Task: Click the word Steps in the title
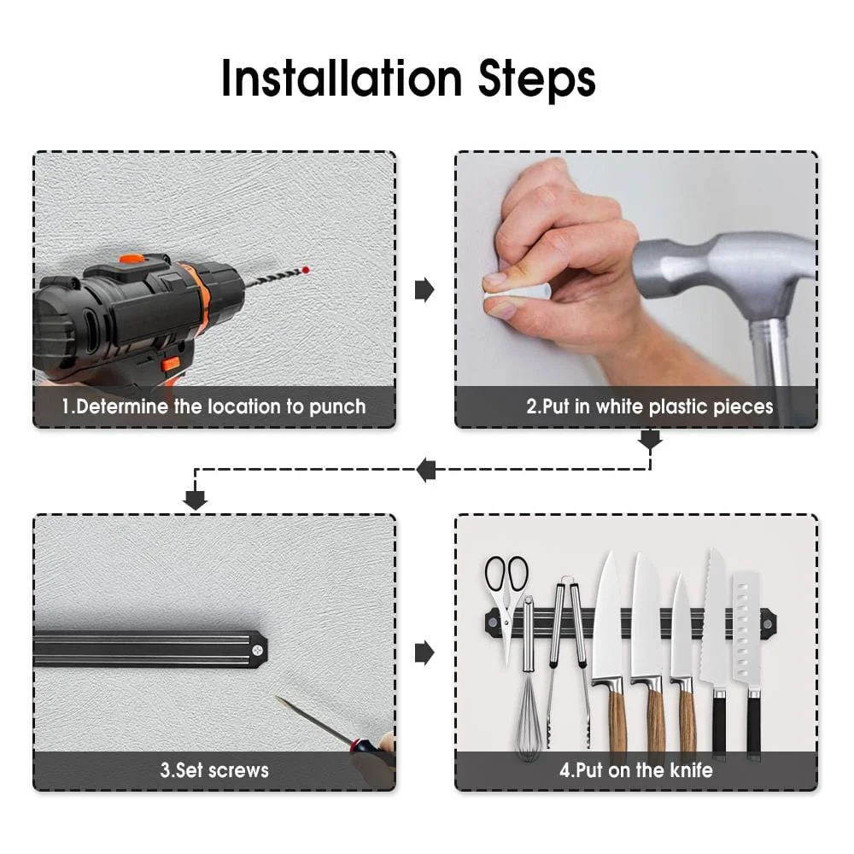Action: pos(537,80)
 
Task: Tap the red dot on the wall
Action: pos(306,270)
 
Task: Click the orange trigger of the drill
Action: pos(171,363)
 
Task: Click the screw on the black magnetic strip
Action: pos(258,649)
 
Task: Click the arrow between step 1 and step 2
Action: pos(424,290)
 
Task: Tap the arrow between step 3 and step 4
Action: pos(424,652)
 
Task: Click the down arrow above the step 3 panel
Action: pos(195,500)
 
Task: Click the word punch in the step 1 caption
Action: pos(337,407)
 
